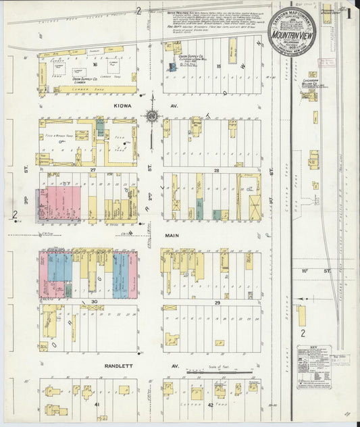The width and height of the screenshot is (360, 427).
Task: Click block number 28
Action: point(217,170)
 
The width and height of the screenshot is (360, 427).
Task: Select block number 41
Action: point(97,404)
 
